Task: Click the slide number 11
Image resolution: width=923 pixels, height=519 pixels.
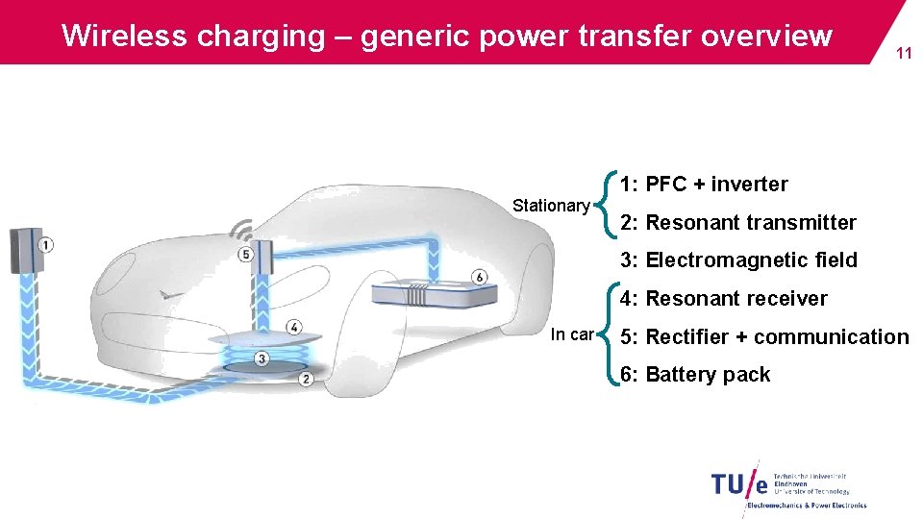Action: (x=904, y=55)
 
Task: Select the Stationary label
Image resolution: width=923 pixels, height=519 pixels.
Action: (x=551, y=206)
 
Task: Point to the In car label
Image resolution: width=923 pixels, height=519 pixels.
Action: (x=572, y=334)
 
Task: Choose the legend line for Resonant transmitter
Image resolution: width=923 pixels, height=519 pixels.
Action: (x=738, y=223)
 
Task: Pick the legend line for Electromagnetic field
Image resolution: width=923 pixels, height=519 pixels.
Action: (x=738, y=260)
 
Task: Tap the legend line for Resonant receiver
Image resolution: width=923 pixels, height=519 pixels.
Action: (x=723, y=299)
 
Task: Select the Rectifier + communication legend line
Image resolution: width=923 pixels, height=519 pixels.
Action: (x=764, y=337)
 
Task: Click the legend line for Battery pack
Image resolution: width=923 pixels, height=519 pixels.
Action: (x=695, y=375)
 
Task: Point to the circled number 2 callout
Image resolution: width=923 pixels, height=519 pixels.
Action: (x=306, y=379)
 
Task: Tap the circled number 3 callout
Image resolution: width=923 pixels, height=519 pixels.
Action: (x=262, y=359)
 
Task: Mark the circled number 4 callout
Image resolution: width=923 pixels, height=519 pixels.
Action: (x=294, y=328)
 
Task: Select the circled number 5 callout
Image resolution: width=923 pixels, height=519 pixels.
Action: (x=245, y=255)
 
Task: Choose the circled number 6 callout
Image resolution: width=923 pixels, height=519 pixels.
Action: (x=480, y=278)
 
